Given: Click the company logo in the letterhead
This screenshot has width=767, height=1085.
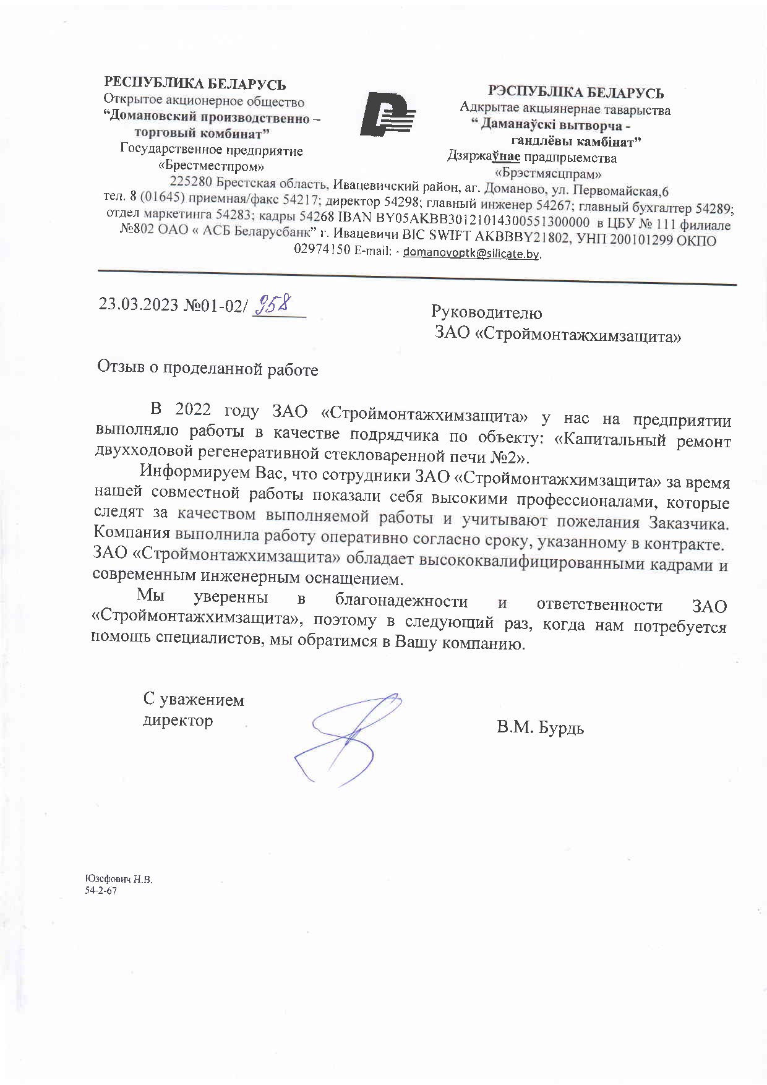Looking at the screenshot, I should click(388, 114).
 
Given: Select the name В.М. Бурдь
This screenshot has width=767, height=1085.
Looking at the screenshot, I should click(540, 727).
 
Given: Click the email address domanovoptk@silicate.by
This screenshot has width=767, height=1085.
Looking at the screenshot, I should click(472, 254).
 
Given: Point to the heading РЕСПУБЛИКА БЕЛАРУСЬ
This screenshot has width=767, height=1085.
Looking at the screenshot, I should click(195, 84).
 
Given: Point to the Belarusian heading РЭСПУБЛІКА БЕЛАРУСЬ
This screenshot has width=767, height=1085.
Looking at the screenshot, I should click(575, 93).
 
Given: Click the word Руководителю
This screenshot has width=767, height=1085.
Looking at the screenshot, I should click(486, 313).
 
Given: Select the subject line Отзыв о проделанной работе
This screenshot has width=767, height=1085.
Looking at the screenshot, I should click(208, 369).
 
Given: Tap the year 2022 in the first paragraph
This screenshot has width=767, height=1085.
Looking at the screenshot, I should click(193, 409).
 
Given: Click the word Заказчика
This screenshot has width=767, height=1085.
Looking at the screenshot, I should click(689, 523).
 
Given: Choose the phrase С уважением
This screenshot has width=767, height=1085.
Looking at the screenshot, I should click(194, 700).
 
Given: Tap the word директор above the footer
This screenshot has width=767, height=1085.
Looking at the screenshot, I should click(178, 720).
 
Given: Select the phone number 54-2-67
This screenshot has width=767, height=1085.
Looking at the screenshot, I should click(101, 891).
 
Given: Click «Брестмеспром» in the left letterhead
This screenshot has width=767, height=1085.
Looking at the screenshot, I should click(212, 166).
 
